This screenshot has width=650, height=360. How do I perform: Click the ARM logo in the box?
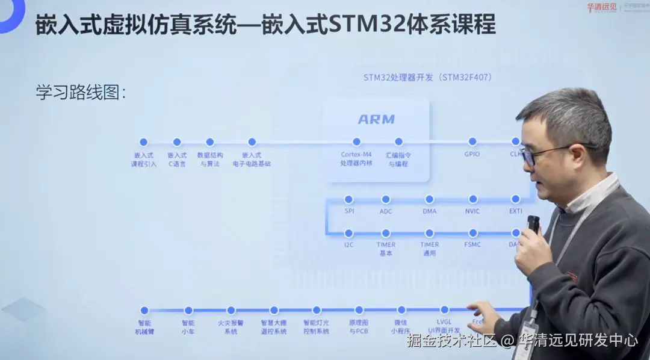pyautogui.click(x=376, y=119)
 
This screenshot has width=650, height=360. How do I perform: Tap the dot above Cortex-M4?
pyautogui.click(x=357, y=142)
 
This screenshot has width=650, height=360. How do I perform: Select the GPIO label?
pyautogui.click(x=472, y=155)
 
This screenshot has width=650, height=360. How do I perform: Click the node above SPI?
pyautogui.click(x=348, y=199)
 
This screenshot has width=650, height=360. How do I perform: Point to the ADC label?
pyautogui.click(x=386, y=211)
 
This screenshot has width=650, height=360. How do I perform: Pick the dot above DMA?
pyautogui.click(x=429, y=199)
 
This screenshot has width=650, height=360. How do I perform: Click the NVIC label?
pyautogui.click(x=472, y=211)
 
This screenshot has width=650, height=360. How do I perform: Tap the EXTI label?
pyautogui.click(x=516, y=211)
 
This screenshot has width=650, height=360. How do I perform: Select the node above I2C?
pyautogui.click(x=348, y=233)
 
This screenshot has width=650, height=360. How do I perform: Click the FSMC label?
pyautogui.click(x=472, y=245)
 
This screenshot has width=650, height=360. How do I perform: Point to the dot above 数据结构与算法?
pyautogui.click(x=210, y=142)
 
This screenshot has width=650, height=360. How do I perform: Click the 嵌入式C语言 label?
pyautogui.click(x=177, y=159)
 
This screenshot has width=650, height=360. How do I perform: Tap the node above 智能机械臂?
pyautogui.click(x=144, y=311)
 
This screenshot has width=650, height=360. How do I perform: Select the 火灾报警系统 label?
pyautogui.click(x=231, y=327)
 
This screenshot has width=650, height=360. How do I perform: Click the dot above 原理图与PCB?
pyautogui.click(x=359, y=311)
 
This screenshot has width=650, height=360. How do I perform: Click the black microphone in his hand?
pyautogui.click(x=533, y=224)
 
